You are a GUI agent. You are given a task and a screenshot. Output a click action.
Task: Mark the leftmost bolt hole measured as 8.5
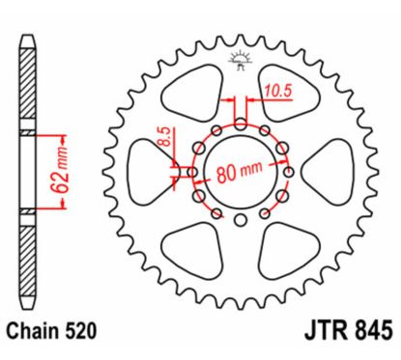(190, 172)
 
